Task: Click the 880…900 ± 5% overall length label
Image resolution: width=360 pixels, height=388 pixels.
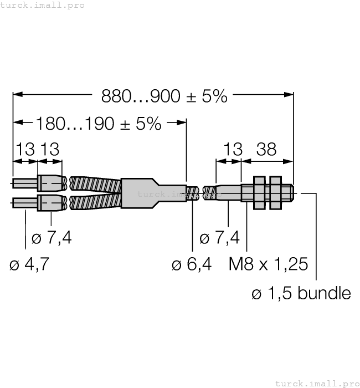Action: [x=164, y=96]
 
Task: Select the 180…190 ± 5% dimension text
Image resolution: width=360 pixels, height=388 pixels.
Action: [x=99, y=123]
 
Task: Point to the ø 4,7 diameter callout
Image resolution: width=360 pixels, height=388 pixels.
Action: [x=29, y=264]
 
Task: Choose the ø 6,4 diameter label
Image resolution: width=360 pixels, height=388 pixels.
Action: [x=192, y=264]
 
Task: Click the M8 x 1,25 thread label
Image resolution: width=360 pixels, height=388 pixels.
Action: [x=268, y=264]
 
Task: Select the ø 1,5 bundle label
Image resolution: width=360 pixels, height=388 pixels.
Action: [x=301, y=293]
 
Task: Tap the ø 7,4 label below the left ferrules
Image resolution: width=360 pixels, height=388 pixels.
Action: [x=52, y=238]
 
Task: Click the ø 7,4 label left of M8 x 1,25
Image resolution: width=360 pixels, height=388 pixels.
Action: [x=219, y=238]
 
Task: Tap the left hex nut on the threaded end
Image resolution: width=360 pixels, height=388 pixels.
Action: [x=259, y=192]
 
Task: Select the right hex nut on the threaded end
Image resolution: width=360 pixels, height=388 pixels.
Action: [x=275, y=192]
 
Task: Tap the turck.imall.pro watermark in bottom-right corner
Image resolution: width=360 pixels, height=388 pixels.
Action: [x=317, y=383]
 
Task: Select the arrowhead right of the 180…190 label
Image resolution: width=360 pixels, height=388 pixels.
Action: [x=182, y=122]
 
